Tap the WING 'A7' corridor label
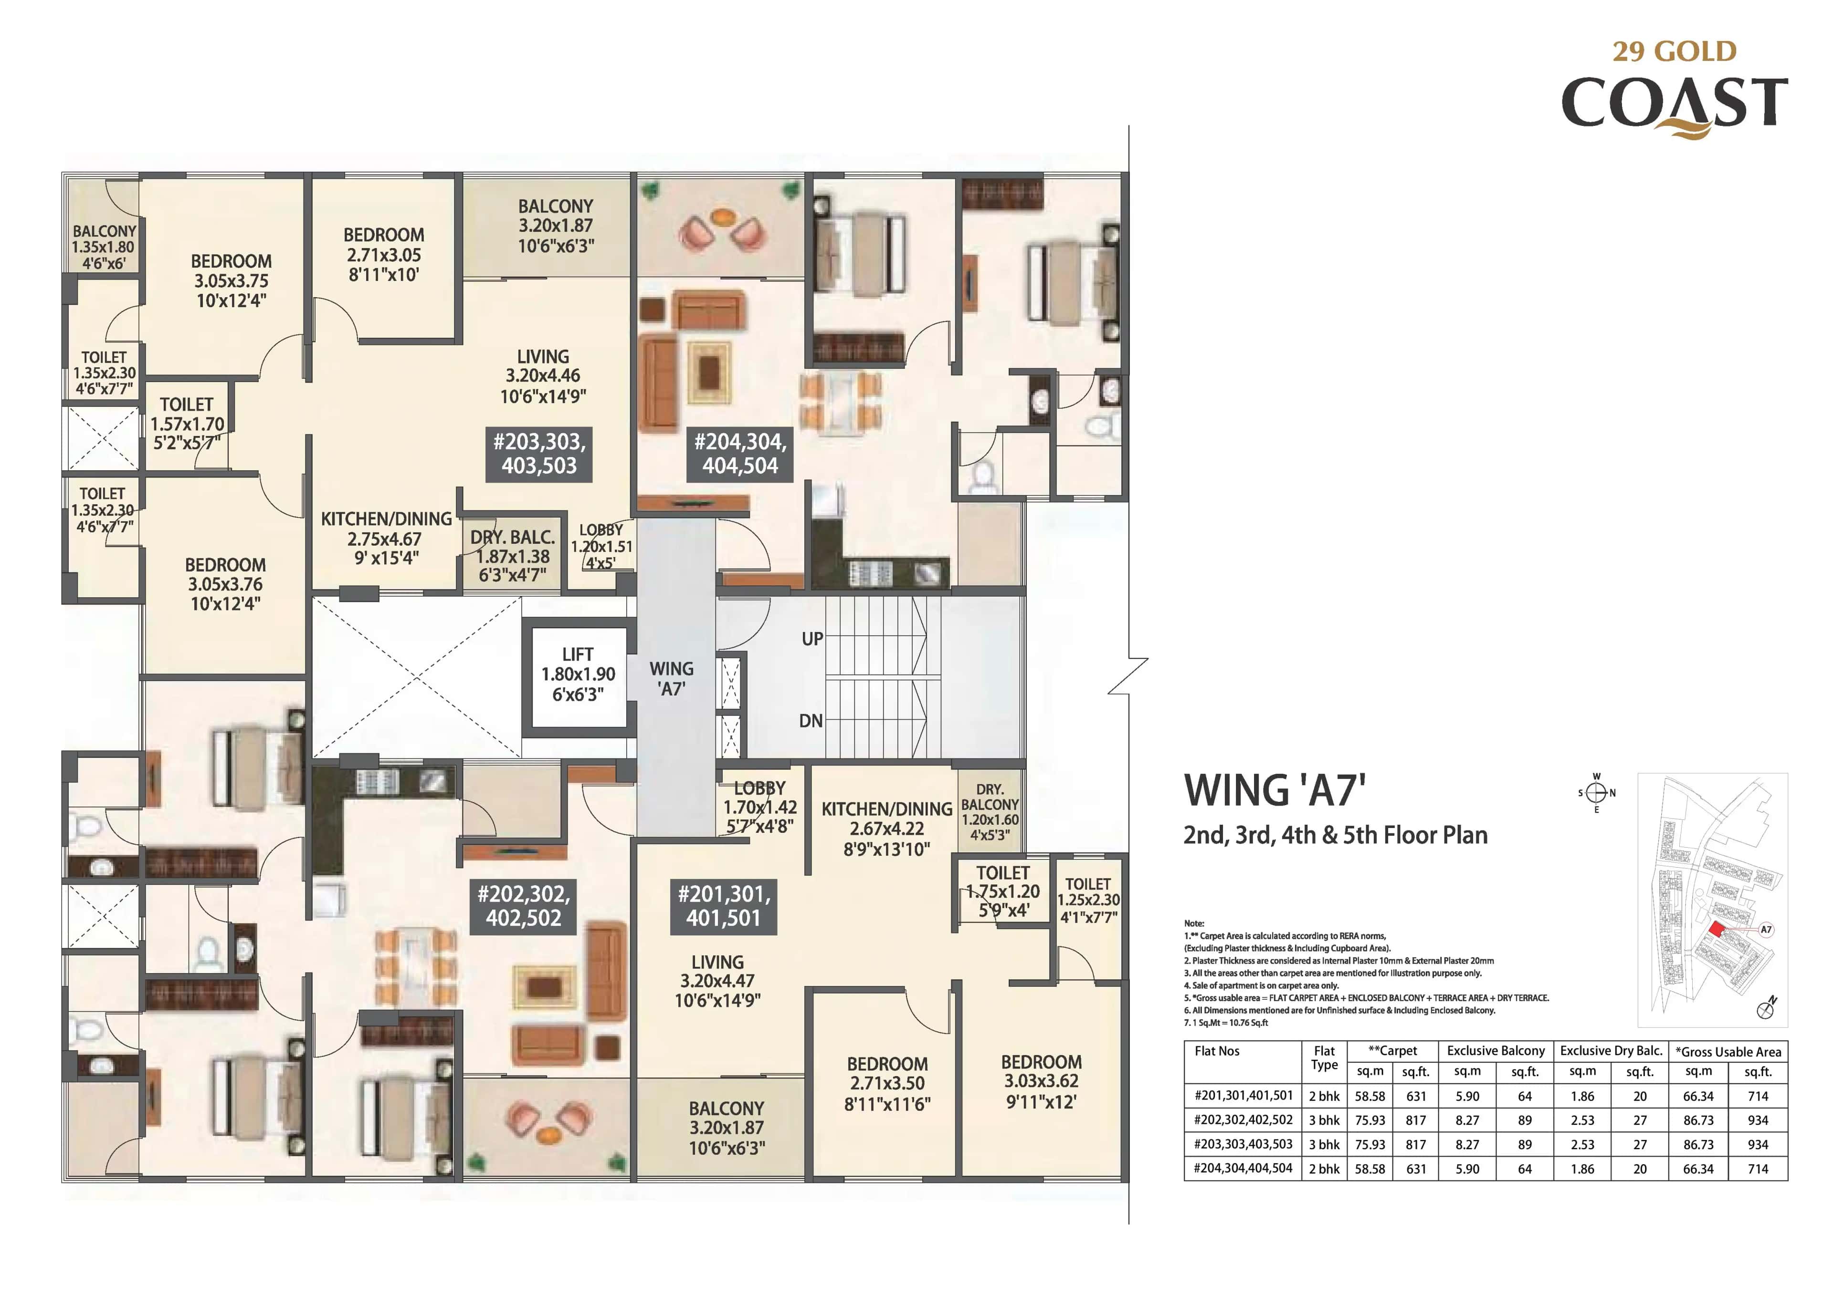[672, 679]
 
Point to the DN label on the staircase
[811, 721]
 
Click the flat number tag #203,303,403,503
[539, 453]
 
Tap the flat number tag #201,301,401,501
[723, 906]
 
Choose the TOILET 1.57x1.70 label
[187, 424]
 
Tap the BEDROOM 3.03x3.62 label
[1041, 1082]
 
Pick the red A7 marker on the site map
[1717, 930]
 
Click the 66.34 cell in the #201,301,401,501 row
[1698, 1096]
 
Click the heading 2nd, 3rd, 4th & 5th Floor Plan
[1335, 835]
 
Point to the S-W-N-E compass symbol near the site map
[1596, 792]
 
